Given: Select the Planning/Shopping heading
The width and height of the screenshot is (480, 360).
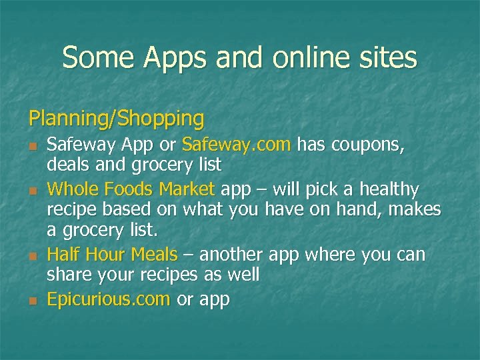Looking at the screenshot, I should pyautogui.click(x=116, y=119).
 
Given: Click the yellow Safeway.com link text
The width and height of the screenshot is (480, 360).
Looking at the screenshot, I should pyautogui.click(x=236, y=145).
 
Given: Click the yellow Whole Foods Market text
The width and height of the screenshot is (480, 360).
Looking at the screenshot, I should pyautogui.click(x=131, y=190).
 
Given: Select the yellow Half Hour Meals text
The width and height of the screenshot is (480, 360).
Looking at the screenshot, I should pyautogui.click(x=112, y=255).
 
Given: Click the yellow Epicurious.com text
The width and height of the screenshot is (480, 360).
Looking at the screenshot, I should pyautogui.click(x=108, y=299).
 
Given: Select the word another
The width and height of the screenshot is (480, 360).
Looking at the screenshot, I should pyautogui.click(x=231, y=255).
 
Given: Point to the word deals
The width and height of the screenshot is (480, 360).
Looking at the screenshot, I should pyautogui.click(x=69, y=164).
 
